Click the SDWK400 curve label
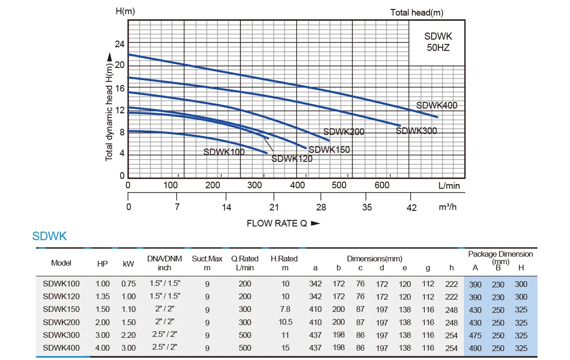(x=437, y=106)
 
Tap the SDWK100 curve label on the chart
(x=224, y=152)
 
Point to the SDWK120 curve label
(x=292, y=159)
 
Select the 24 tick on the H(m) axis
(x=120, y=44)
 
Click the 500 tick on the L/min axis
(x=339, y=185)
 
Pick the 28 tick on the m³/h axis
(x=321, y=207)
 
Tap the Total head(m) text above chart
(x=417, y=13)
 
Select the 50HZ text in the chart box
(x=438, y=48)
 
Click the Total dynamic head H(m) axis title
(x=109, y=106)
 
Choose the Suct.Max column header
(x=207, y=259)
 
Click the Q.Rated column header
(x=245, y=259)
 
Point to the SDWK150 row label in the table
(x=61, y=310)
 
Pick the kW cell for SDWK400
(x=128, y=348)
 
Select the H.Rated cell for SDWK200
(x=285, y=322)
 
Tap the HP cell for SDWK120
(x=102, y=297)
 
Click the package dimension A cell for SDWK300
(x=475, y=335)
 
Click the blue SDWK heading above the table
(x=50, y=236)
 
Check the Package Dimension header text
(x=500, y=254)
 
